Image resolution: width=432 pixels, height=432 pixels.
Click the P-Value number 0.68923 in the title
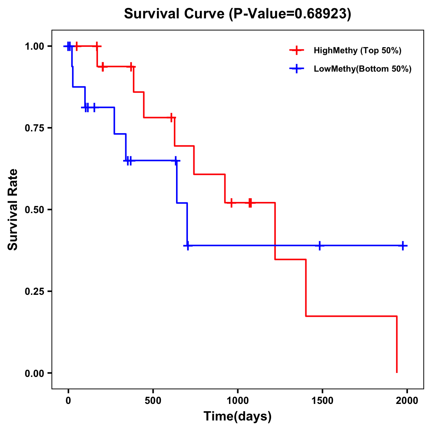point(321,14)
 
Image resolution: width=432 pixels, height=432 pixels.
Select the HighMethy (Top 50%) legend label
point(357,50)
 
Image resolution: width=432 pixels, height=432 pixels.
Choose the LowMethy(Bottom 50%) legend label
point(362,69)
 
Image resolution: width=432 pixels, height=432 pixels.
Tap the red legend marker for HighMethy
point(297,50)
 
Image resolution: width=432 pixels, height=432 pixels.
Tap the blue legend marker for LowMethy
point(297,69)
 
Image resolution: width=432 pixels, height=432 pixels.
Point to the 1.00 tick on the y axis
point(34,46)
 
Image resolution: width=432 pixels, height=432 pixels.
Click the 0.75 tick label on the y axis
point(34,128)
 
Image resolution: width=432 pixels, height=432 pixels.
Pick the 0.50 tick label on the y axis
point(34,210)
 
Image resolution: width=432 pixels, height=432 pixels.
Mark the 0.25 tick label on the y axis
point(34,292)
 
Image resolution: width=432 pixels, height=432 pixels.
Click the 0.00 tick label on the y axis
point(34,373)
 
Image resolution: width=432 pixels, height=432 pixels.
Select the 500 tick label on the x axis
point(153,401)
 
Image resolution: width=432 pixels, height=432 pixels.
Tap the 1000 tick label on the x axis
point(238,401)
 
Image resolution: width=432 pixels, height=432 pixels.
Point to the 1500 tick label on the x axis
point(322,401)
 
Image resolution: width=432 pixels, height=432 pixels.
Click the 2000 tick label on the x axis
point(407,401)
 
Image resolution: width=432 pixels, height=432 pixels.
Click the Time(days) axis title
point(238,416)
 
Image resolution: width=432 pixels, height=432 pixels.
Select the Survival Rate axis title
point(13,210)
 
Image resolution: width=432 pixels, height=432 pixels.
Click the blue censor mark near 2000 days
point(403,246)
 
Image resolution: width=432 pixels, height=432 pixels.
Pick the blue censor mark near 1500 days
point(319,246)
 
